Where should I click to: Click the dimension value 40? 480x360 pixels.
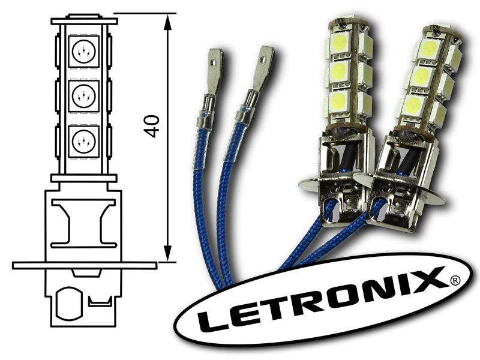click(x=152, y=126)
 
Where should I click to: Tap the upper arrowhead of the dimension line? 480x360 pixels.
click(x=167, y=22)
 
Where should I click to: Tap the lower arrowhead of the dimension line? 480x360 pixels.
click(x=167, y=253)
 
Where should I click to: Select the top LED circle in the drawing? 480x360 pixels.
click(x=83, y=52)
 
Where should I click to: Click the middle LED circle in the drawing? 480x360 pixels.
click(x=83, y=95)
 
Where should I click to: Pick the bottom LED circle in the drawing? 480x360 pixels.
click(x=83, y=141)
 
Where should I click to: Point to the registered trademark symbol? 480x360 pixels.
click(x=455, y=280)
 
